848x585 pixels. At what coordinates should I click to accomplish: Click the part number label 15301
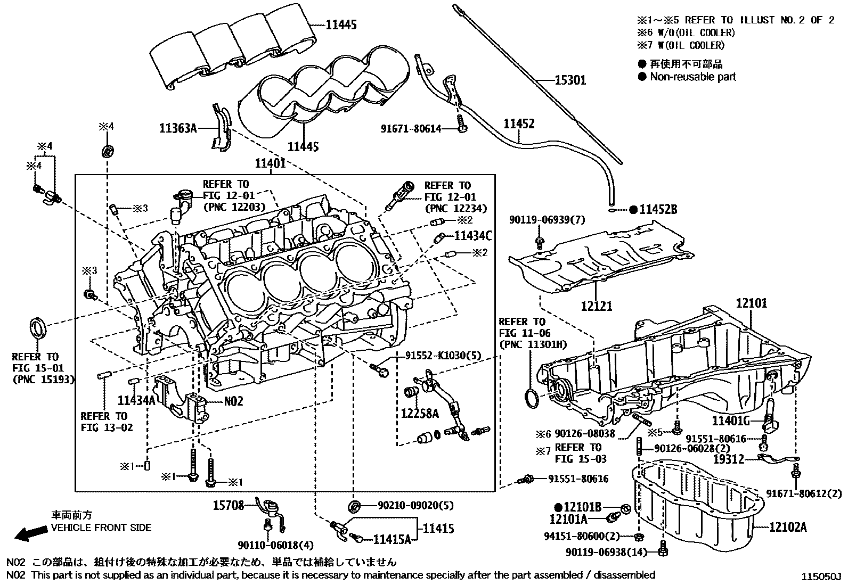tap(570, 80)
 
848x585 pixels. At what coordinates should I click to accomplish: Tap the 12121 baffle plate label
tap(596, 307)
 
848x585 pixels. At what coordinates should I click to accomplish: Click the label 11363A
tap(178, 128)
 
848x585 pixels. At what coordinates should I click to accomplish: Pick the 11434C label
tap(472, 235)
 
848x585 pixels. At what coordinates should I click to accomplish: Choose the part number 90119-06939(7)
tap(539, 220)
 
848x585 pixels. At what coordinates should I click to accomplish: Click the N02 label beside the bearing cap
tap(233, 401)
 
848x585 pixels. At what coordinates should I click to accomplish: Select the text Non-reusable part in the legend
tap(692, 77)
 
